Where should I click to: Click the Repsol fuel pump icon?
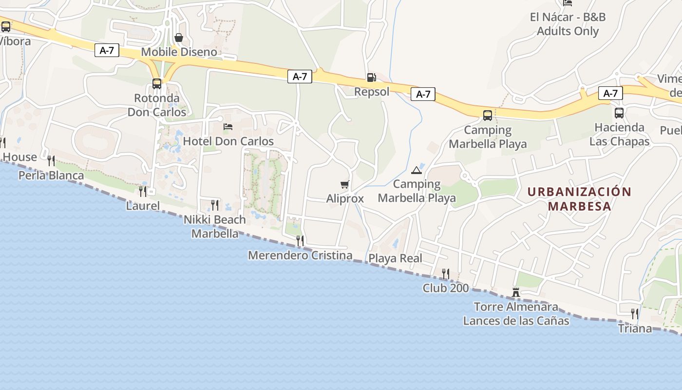pos(371,78)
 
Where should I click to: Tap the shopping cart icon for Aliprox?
pos(345,185)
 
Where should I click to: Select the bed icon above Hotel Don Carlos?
pos(227,127)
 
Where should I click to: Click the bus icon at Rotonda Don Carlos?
pos(157,84)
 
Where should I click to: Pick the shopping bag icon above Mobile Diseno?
pos(179,38)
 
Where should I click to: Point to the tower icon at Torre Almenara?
pos(516,292)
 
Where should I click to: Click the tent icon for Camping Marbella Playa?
pos(416,170)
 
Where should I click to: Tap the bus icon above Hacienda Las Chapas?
pos(619,113)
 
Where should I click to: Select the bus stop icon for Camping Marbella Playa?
pos(488,116)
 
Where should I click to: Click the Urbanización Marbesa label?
pos(579,198)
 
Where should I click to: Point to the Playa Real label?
pos(395,258)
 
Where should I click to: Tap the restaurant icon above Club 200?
pos(445,273)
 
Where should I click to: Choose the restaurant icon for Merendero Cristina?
pos(300,240)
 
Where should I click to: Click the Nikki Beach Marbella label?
pos(215,227)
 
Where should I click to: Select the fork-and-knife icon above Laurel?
pos(142,191)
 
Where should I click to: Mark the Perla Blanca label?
pos(51,175)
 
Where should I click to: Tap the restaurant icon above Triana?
pos(635,313)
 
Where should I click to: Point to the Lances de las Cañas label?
pos(516,321)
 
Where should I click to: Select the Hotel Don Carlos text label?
pos(228,141)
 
